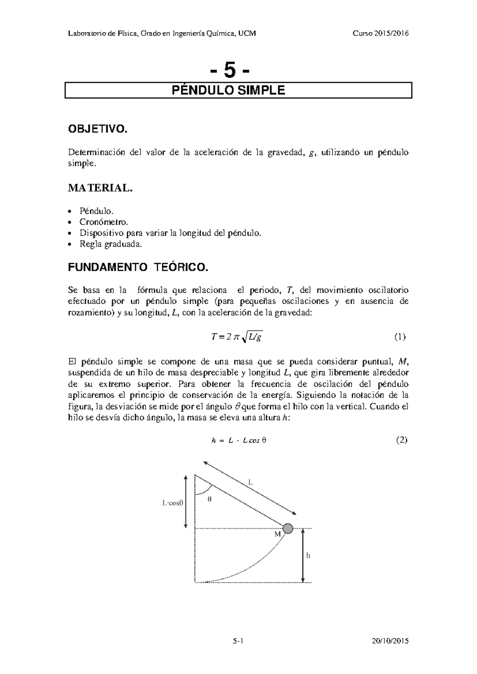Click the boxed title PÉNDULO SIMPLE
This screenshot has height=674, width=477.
(228, 91)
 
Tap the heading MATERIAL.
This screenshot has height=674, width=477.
(100, 188)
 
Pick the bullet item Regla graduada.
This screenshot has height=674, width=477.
(111, 244)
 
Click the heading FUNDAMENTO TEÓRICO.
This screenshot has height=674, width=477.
(138, 267)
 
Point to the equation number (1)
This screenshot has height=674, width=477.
(399, 337)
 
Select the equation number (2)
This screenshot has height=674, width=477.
(401, 440)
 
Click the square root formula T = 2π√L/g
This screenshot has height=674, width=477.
(237, 337)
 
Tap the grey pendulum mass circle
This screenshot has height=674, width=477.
(288, 529)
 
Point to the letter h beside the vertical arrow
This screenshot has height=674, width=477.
(308, 556)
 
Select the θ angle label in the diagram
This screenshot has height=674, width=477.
(209, 500)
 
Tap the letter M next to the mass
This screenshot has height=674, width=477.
(277, 535)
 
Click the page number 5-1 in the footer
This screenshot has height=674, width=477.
(238, 641)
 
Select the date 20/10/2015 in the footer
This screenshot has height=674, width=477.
(390, 641)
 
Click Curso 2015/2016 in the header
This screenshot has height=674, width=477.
(381, 33)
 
